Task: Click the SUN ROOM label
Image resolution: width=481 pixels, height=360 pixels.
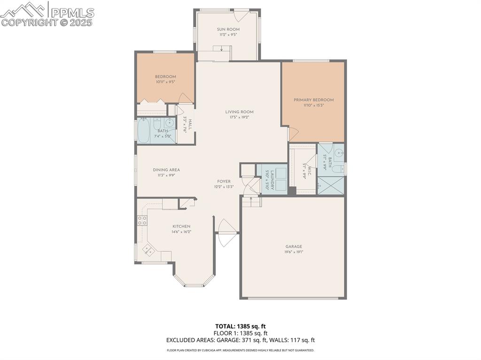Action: (228, 29)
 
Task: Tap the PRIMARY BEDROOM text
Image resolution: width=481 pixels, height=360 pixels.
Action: (313, 100)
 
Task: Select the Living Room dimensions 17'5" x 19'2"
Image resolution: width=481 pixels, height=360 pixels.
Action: (239, 117)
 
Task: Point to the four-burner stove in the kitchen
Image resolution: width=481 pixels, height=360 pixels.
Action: (142, 220)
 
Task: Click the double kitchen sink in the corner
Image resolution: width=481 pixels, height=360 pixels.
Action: (150, 251)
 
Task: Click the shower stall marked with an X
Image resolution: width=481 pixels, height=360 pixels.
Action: (331, 186)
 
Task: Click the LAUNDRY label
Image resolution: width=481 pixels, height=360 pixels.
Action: (269, 179)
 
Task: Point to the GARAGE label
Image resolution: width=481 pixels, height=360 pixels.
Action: (294, 246)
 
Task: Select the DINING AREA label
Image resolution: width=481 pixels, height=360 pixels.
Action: (166, 170)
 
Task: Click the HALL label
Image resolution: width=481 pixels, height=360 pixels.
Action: (190, 125)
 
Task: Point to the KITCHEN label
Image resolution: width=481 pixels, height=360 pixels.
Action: (181, 226)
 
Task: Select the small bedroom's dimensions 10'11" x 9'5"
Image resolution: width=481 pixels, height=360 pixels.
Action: (165, 82)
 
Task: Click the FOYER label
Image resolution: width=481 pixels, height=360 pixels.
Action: (224, 181)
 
